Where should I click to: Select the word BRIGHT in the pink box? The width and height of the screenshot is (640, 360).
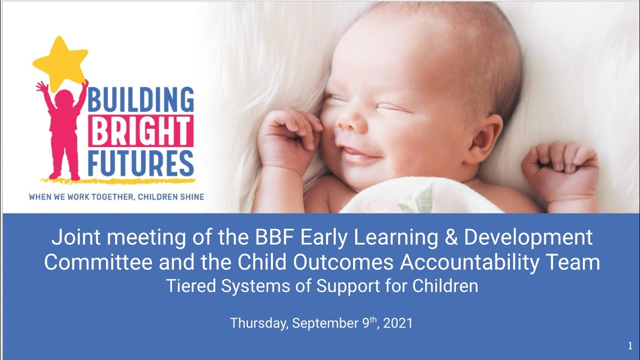pos(141,131)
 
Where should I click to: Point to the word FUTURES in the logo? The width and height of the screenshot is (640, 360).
pos(141,161)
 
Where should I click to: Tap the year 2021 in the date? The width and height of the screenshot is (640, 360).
pos(398,323)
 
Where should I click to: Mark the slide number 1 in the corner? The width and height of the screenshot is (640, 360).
pos(630,346)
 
